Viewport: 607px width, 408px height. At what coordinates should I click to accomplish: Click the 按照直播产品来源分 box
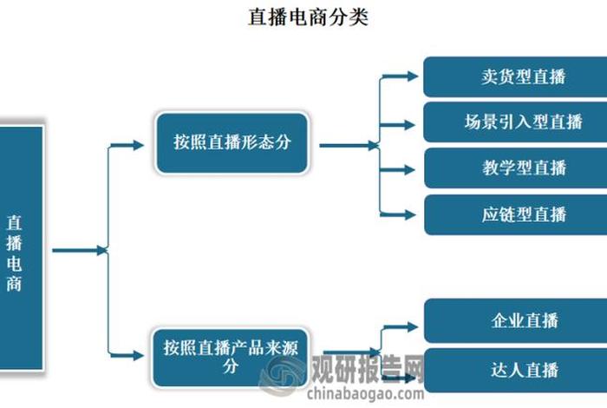[x=232, y=357]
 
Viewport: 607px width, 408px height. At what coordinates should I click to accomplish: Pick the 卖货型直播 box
[x=514, y=76]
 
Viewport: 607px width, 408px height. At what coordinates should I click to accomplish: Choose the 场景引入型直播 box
[x=514, y=122]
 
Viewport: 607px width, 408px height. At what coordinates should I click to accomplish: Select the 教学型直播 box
[x=514, y=168]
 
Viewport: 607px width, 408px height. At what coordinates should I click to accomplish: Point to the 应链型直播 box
[x=514, y=214]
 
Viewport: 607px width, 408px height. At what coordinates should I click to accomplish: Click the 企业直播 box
[x=514, y=322]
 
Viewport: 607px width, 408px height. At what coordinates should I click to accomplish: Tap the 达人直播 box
[x=514, y=370]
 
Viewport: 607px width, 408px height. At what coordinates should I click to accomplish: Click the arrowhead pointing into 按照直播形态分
[x=138, y=145]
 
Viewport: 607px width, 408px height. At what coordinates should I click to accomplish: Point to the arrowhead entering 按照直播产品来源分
[x=138, y=355]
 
